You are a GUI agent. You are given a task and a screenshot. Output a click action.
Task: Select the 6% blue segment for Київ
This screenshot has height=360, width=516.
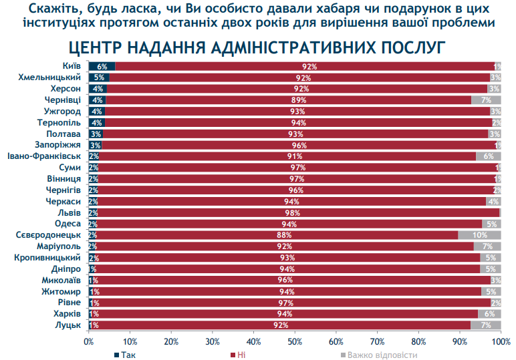tap(102, 66)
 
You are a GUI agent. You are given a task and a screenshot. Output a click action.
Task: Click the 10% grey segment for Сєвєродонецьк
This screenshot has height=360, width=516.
tap(479, 235)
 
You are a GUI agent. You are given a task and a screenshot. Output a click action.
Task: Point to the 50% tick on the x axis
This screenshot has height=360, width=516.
tap(295, 341)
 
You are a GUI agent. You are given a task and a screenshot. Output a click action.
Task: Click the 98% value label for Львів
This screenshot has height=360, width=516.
tap(294, 212)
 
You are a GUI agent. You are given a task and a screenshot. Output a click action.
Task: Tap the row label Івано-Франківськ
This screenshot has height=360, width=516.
tap(44, 156)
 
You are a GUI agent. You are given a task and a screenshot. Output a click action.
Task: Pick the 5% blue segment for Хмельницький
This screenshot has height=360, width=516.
tap(98, 77)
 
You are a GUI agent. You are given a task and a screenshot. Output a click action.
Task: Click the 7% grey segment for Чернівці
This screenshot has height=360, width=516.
tap(486, 100)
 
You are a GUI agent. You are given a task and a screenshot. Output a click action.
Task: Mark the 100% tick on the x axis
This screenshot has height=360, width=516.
tap(501, 341)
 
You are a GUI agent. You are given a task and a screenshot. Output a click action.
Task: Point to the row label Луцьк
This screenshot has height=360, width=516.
tap(68, 325)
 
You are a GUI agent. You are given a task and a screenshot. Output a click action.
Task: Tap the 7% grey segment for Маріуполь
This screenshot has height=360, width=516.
tap(487, 246)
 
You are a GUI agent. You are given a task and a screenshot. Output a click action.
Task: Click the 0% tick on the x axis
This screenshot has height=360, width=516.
tap(88, 341)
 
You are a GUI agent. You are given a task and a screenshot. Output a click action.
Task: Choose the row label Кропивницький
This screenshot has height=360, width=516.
tap(47, 258)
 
